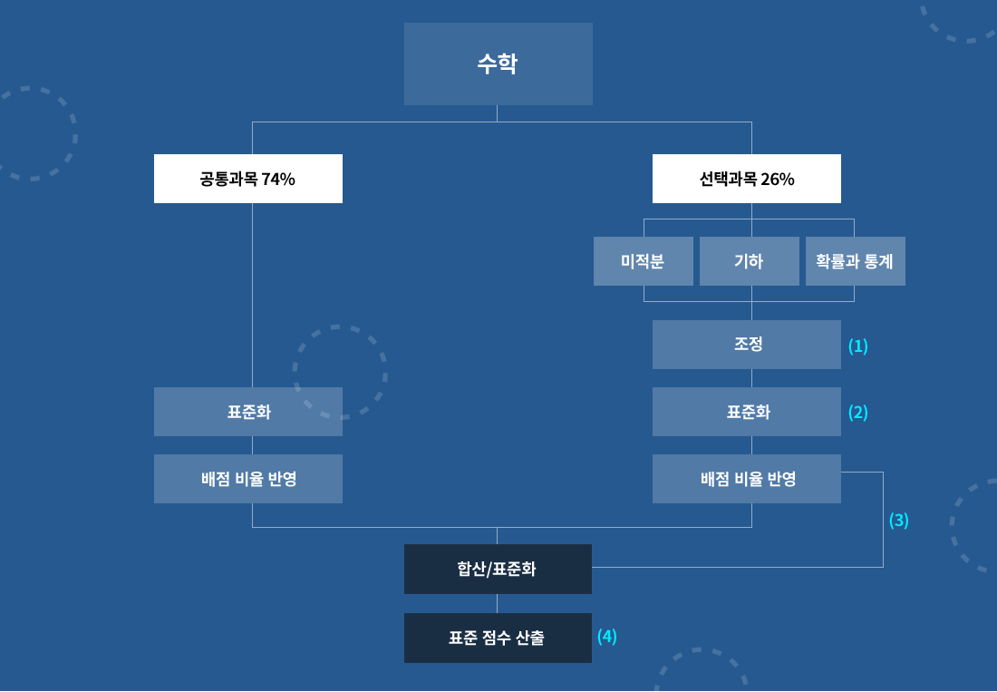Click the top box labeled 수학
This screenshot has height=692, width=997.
[x=498, y=63]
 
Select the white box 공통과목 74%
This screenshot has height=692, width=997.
[x=248, y=179]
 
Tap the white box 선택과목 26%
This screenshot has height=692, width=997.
[x=747, y=179]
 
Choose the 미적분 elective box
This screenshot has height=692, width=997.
[x=644, y=261]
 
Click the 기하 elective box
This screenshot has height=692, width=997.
[x=749, y=261]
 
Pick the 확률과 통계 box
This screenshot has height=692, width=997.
[x=856, y=261]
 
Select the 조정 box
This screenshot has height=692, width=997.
[x=747, y=345]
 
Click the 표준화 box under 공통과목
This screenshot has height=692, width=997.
[x=248, y=412]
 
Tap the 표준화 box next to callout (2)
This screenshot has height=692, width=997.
[x=747, y=412]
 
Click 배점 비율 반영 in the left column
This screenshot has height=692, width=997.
[x=248, y=479]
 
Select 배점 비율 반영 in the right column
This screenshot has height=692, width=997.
[x=747, y=479]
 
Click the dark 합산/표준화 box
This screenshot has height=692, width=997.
[x=498, y=570]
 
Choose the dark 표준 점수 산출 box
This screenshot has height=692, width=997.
[x=498, y=638]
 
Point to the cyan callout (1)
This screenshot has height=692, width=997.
[x=857, y=346]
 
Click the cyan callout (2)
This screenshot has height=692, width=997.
[x=857, y=413]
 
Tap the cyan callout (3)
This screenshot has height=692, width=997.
[x=898, y=521]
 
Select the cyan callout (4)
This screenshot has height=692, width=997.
[x=606, y=637]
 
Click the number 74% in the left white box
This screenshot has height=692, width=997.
[x=278, y=180]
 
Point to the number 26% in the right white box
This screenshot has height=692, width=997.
[x=778, y=180]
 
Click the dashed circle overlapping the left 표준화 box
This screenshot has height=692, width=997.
[x=340, y=372]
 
